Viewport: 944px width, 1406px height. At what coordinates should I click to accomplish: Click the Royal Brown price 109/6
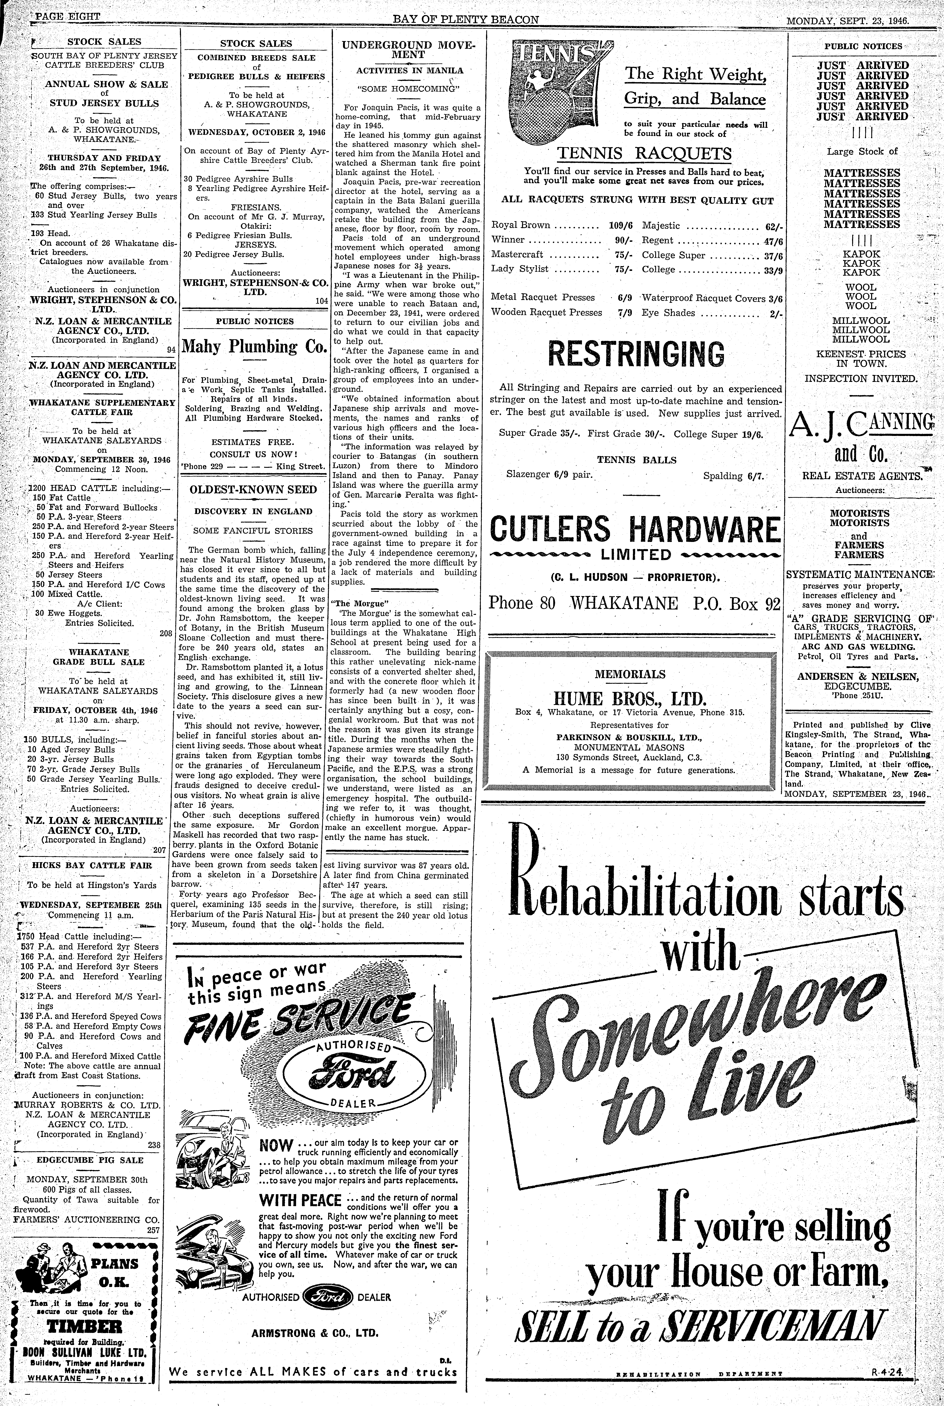pos(621,226)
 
